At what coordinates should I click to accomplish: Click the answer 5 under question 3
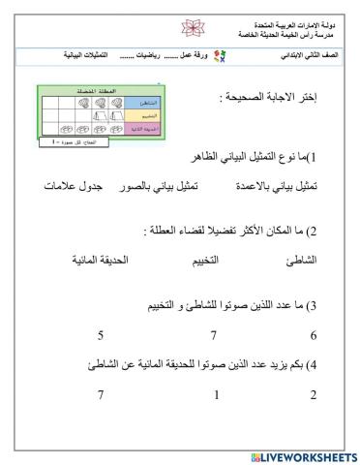(x=101, y=336)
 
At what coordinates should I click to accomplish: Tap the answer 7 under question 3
(x=213, y=336)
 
